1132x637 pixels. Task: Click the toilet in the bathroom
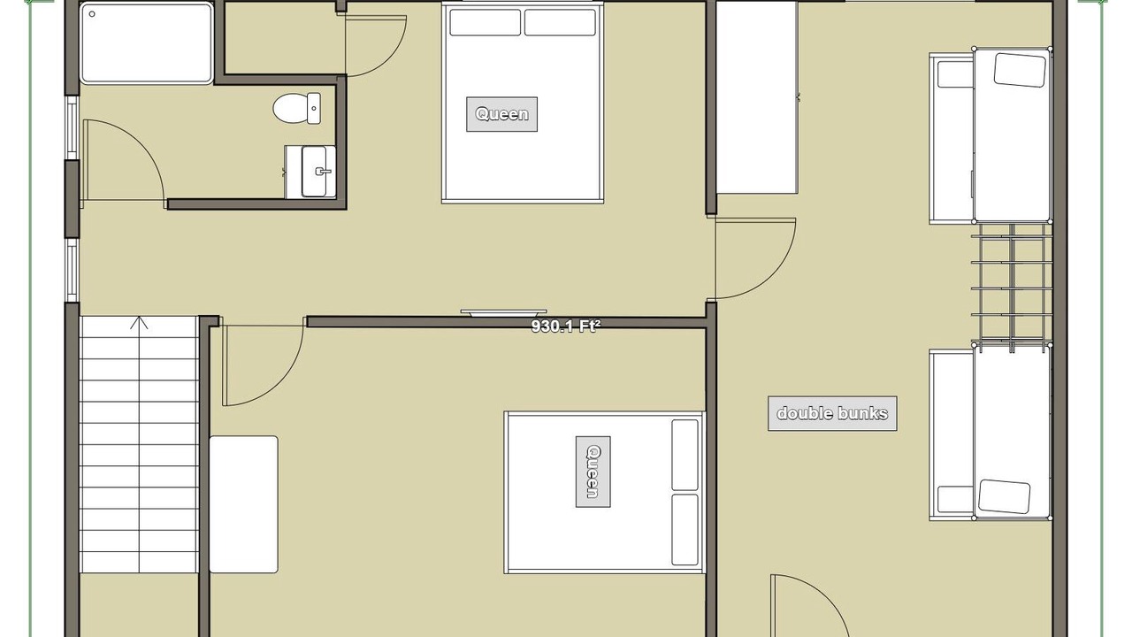[x=296, y=108]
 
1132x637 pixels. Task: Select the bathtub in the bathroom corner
[x=146, y=42]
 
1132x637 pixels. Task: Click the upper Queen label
[x=501, y=114]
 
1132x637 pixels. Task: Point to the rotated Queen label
[x=593, y=472]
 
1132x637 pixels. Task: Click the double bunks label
[x=832, y=413]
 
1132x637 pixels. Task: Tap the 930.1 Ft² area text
[x=565, y=326]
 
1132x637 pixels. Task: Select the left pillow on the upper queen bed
[x=486, y=23]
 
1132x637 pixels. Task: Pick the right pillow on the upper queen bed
[x=560, y=23]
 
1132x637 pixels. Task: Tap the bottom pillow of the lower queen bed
[x=685, y=529]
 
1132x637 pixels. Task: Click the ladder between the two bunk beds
[x=1012, y=288]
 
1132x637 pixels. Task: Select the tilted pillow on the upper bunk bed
[x=1020, y=70]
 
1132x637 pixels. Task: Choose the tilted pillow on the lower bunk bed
[x=1004, y=496]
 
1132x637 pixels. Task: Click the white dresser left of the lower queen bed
[x=243, y=504]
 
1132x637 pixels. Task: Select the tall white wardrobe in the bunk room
[x=757, y=97]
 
